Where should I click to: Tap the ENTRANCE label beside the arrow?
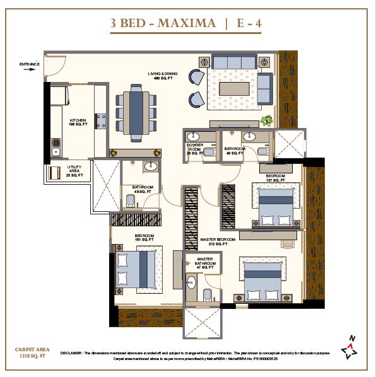[30, 64]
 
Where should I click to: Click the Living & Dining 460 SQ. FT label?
[163, 76]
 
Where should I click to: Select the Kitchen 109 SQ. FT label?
[78, 122]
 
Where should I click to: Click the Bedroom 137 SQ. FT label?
[276, 178]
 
